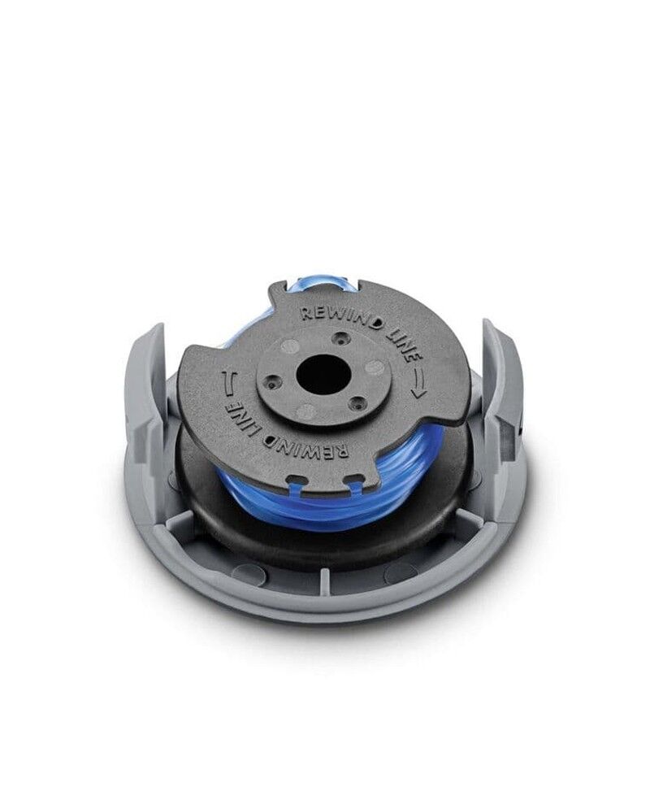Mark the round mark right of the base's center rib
click(x=400, y=572)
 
